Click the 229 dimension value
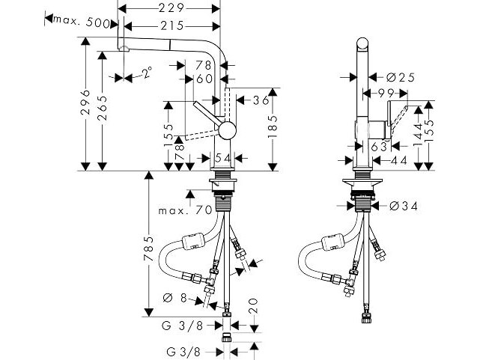point(171,8)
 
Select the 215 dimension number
point(171,26)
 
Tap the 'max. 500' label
point(82,22)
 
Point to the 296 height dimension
point(85,103)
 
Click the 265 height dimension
point(103,109)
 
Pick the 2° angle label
point(147,73)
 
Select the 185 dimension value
point(273,126)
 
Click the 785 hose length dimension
point(149,248)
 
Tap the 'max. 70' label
point(185,210)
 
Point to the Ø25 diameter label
point(401,78)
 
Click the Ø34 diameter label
point(404,207)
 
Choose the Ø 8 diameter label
point(174,298)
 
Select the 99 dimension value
point(386,94)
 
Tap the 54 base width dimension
point(222,158)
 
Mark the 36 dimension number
point(261,100)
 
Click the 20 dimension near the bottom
point(254,306)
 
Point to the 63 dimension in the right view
point(379,147)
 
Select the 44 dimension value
point(399,160)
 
